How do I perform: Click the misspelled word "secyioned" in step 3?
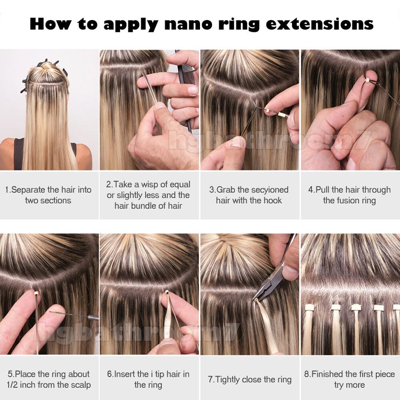[265, 190]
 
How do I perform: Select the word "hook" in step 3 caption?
[272, 200]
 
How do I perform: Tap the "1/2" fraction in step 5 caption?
[16, 385]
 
